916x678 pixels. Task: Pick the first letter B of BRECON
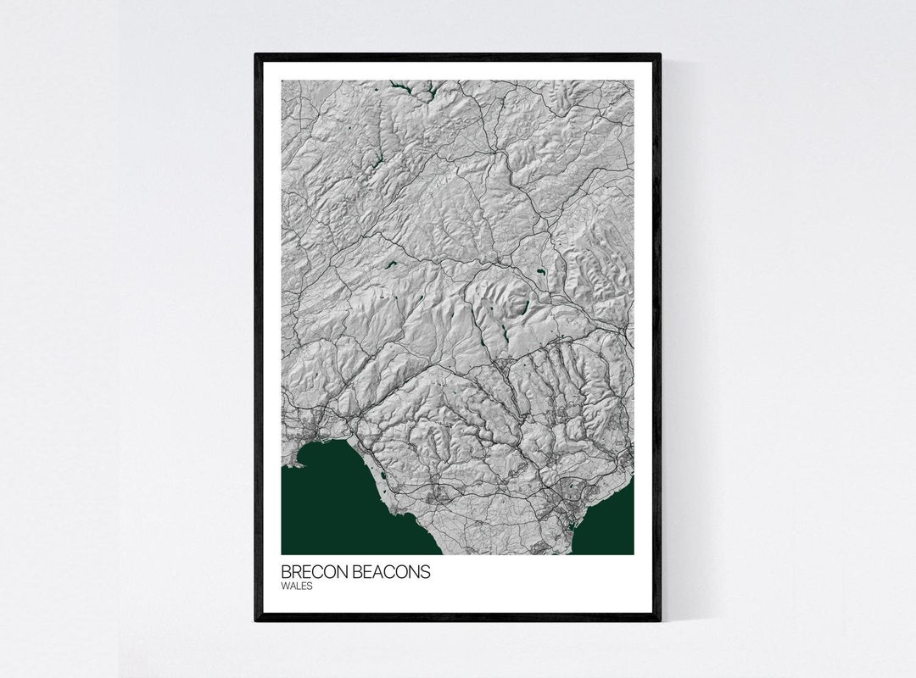click(286, 572)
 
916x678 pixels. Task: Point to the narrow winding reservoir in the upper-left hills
click(371, 161)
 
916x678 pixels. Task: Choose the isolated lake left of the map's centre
click(392, 265)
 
